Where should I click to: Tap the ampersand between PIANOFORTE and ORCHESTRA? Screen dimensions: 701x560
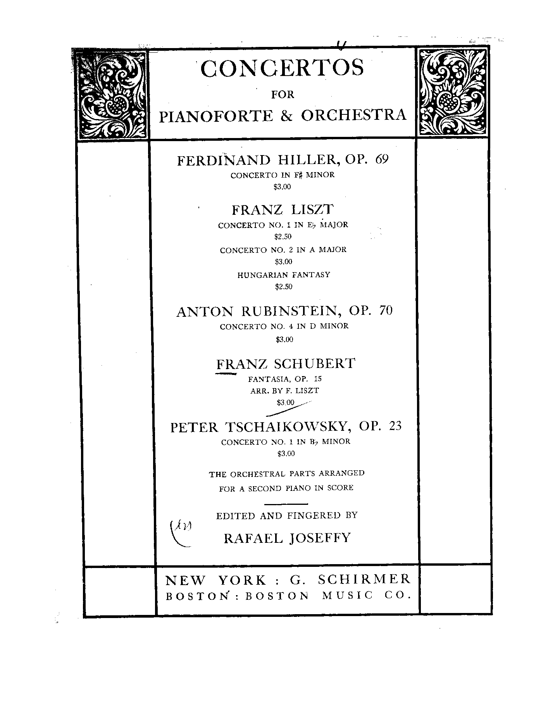287,116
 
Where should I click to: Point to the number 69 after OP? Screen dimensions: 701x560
381,159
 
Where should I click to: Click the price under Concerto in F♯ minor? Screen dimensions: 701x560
282,187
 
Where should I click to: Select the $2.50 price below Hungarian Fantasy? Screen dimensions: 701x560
283,287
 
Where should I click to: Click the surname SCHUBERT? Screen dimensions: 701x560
314,364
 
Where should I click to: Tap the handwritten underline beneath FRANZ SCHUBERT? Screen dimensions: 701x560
226,374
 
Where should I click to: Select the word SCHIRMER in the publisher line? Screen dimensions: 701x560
364,579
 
